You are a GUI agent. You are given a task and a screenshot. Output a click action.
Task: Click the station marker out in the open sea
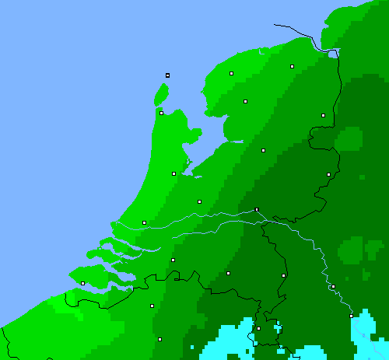pyautogui.click(x=167, y=75)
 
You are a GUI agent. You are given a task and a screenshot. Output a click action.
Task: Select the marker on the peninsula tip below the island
pyautogui.click(x=161, y=113)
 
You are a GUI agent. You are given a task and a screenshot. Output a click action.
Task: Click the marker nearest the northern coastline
pyautogui.click(x=231, y=73)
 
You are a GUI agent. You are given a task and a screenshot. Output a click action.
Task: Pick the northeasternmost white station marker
pyautogui.click(x=292, y=67)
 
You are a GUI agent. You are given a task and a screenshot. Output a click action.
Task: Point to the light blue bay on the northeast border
pyautogui.click(x=333, y=54)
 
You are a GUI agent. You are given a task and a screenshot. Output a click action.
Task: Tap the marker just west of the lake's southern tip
pyautogui.click(x=173, y=173)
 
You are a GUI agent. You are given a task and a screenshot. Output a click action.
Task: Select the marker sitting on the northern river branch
pyautogui.click(x=256, y=209)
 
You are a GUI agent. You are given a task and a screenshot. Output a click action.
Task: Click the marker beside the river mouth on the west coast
pyautogui.click(x=144, y=222)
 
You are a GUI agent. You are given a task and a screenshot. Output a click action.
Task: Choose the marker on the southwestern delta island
pyautogui.click(x=82, y=283)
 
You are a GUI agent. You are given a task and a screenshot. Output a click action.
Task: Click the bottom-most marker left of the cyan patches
pyautogui.click(x=160, y=339)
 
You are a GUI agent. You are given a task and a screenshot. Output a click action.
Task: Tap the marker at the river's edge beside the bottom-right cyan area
pyautogui.click(x=351, y=316)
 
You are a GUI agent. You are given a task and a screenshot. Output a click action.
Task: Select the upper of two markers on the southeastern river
pyautogui.click(x=333, y=287)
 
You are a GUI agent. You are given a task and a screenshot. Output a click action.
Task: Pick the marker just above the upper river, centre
pyautogui.click(x=199, y=201)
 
